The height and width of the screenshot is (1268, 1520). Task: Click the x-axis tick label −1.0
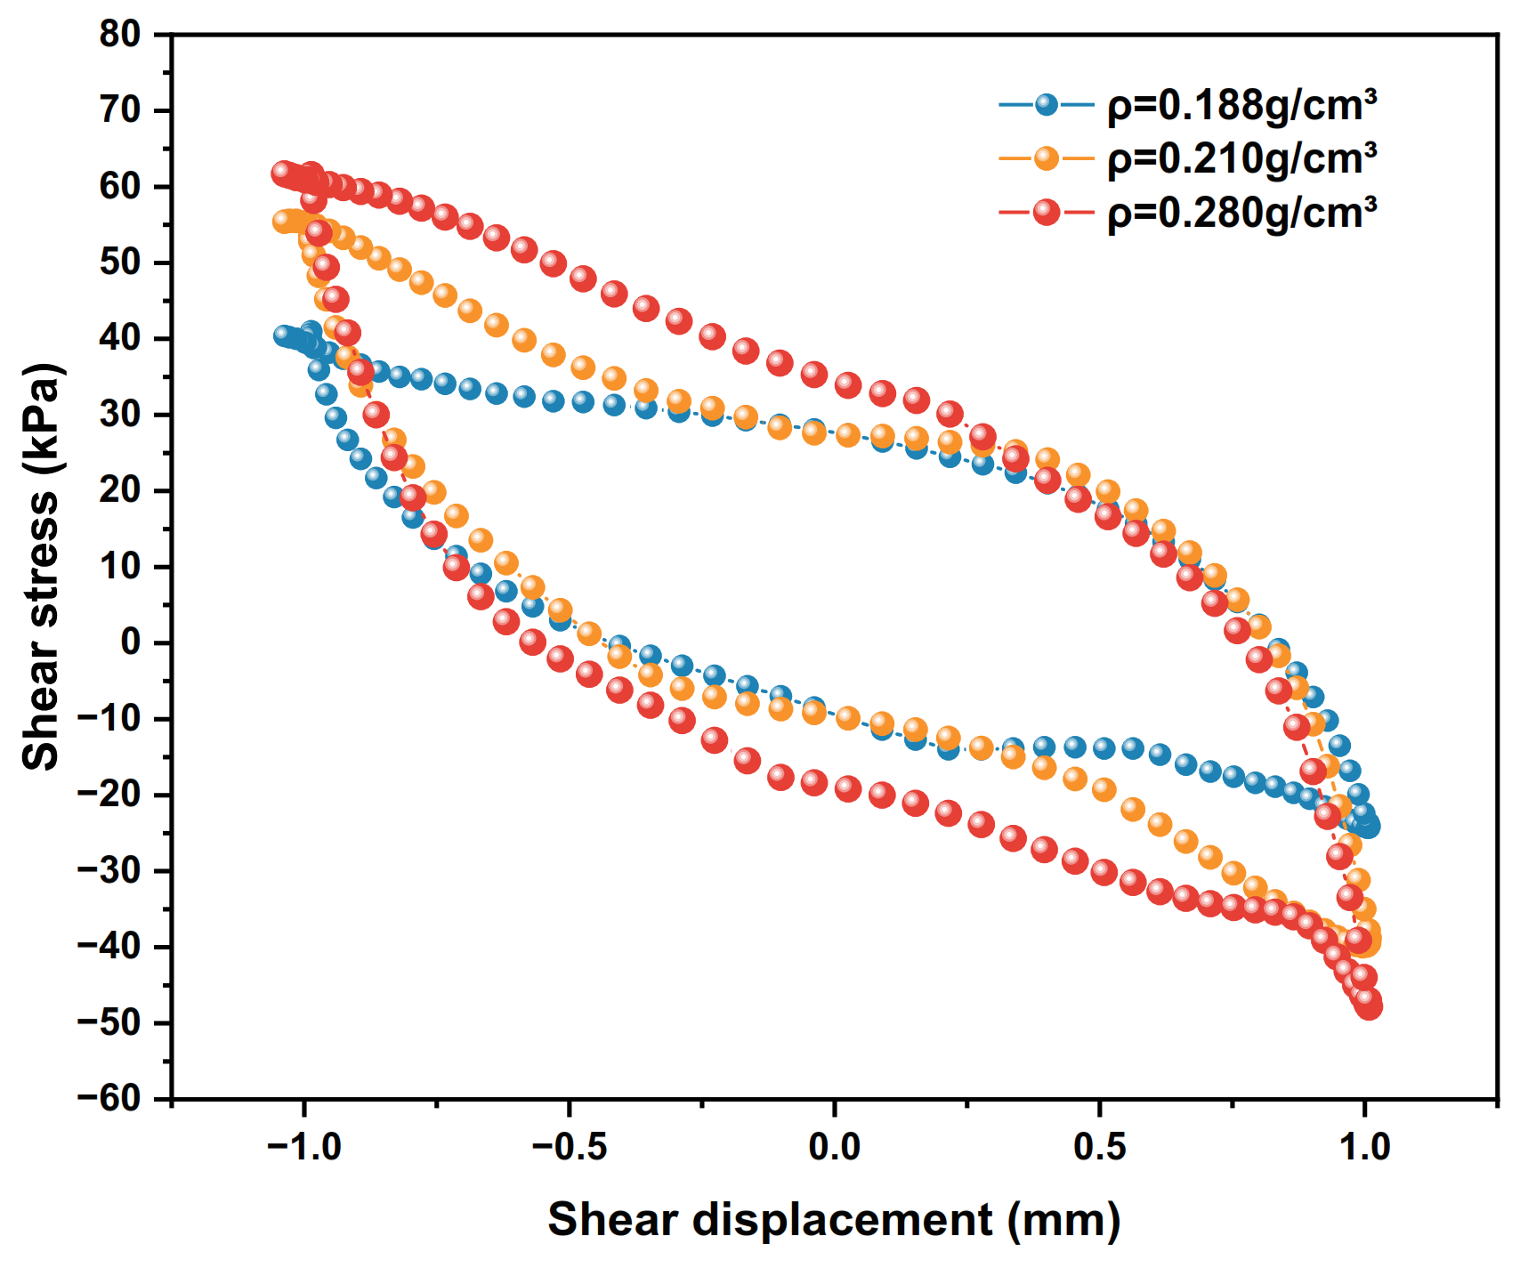[304, 1147]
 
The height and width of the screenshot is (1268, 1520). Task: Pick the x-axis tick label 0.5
[1100, 1147]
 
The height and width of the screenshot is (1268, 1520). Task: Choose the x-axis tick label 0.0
[835, 1147]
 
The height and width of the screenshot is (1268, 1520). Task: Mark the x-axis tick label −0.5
[570, 1147]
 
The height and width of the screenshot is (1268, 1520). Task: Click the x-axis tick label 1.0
[1365, 1147]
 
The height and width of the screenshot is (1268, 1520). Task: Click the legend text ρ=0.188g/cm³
[1241, 106]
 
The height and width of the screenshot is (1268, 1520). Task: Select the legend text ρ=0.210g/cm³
[1241, 159]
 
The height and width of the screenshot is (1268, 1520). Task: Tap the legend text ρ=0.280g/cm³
[1241, 213]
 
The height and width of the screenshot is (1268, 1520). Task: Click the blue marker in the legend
[1047, 105]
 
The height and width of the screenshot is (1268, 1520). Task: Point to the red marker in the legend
[1047, 212]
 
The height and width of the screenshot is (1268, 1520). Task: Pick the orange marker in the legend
[1047, 158]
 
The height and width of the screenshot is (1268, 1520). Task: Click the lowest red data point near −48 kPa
[1370, 1006]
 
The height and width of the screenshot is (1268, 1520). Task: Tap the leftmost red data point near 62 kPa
[283, 173]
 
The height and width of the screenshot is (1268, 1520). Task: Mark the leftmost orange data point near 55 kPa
[283, 221]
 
